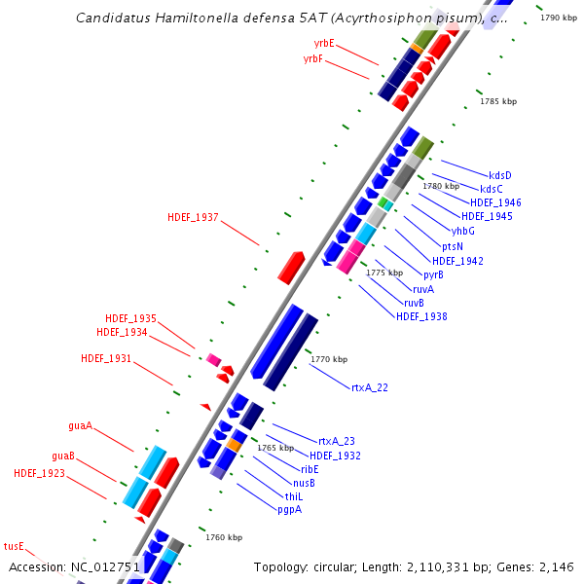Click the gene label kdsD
pyautogui.click(x=500, y=175)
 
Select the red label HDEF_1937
pyautogui.click(x=193, y=217)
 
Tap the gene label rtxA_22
pyautogui.click(x=370, y=387)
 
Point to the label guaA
pyautogui.click(x=81, y=425)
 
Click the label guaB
pyautogui.click(x=63, y=456)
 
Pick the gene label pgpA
pyautogui.click(x=289, y=509)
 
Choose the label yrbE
pyautogui.click(x=324, y=44)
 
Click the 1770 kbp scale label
pyautogui.click(x=329, y=359)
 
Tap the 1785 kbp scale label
pyautogui.click(x=498, y=101)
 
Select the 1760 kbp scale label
pyautogui.click(x=223, y=537)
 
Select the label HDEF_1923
pyautogui.click(x=39, y=473)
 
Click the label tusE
pyautogui.click(x=13, y=546)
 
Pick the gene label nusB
pyautogui.click(x=305, y=483)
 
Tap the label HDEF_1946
pyautogui.click(x=496, y=202)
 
